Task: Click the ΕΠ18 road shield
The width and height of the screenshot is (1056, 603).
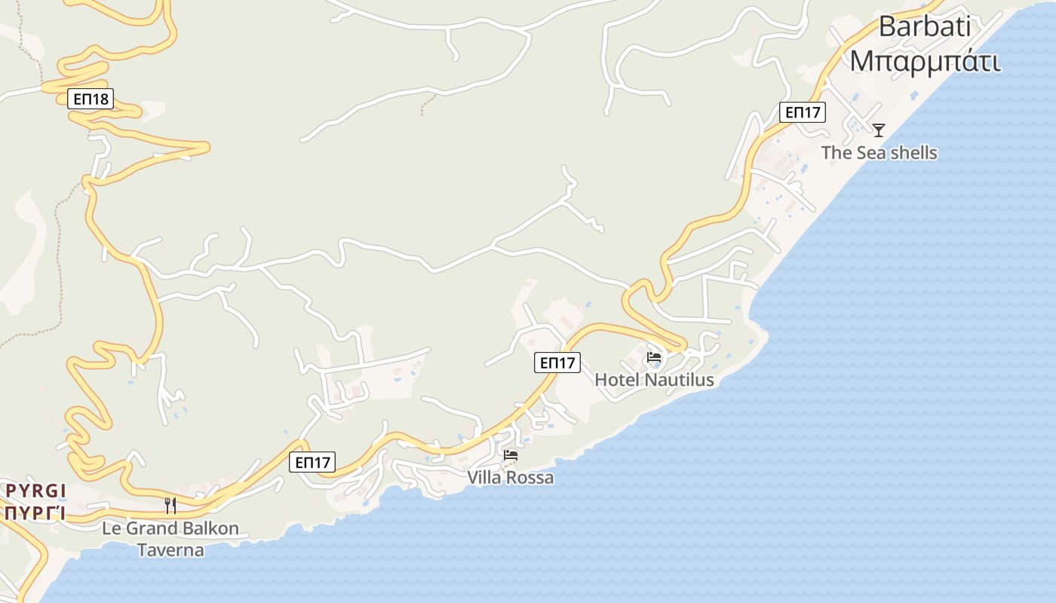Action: coord(91,99)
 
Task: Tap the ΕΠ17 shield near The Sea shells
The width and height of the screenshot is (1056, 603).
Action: coord(803,112)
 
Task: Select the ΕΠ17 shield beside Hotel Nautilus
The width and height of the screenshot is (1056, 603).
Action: coord(558,363)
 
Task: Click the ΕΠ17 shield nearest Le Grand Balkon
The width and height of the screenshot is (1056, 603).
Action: coord(312,462)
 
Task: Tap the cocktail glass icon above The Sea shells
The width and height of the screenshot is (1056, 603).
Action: coord(879,130)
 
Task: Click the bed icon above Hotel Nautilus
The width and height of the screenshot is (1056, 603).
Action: coord(654,357)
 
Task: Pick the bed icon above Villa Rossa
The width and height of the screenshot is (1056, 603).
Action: coord(511,455)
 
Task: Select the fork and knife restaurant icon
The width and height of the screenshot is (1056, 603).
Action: coord(170,506)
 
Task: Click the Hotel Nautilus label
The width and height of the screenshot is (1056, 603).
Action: coord(654,380)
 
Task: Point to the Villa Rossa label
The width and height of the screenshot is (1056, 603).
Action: coord(510,478)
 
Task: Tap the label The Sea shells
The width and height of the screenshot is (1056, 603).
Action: coord(879,153)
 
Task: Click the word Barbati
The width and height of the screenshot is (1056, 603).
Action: coord(925,27)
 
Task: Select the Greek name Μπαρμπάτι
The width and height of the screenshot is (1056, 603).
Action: coord(925,61)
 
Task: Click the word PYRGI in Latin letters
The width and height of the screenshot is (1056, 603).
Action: coord(36,491)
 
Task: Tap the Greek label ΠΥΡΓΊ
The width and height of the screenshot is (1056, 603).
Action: coord(34,514)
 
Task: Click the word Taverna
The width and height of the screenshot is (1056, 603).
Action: coord(170,550)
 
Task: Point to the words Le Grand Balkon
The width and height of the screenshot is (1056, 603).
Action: coord(170,528)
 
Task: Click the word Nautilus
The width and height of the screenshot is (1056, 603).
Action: coord(677,380)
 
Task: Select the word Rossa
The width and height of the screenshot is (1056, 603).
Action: coord(532,478)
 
